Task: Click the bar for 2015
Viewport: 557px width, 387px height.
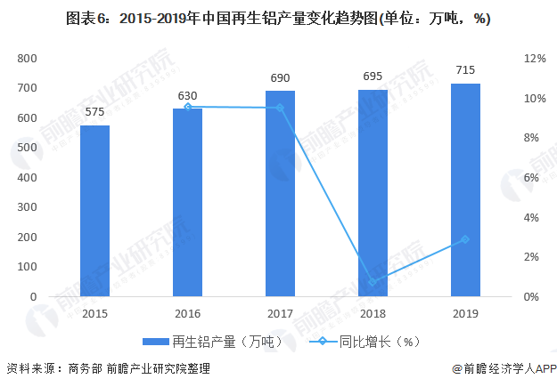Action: pos(94,211)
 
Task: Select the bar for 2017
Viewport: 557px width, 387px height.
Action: pos(280,194)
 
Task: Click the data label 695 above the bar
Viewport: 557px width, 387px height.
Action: pos(373,77)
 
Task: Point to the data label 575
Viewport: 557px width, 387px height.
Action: pos(94,112)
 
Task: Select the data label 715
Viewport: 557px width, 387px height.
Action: pos(465,70)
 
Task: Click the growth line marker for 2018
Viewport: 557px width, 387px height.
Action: pos(373,282)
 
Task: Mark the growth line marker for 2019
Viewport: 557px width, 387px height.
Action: pos(465,239)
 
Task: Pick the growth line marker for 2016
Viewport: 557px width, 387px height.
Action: pos(187,107)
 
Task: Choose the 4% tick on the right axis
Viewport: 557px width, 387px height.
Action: pos(530,217)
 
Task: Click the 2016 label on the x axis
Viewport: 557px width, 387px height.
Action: pos(187,313)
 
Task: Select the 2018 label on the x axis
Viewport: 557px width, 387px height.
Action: pos(373,313)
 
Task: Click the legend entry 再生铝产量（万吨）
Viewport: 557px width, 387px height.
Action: pos(215,341)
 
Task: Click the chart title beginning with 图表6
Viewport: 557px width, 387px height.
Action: pos(278,19)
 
